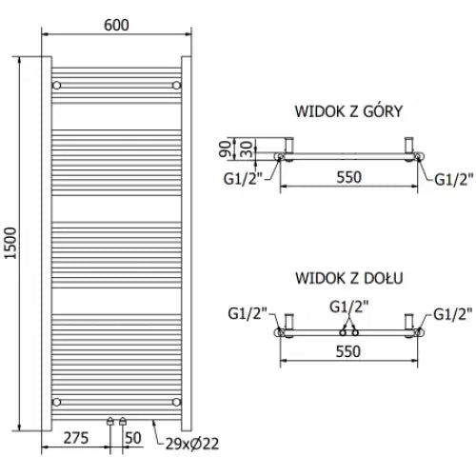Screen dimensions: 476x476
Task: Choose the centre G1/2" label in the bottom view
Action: click(x=347, y=306)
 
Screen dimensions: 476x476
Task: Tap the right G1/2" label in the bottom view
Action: click(x=450, y=313)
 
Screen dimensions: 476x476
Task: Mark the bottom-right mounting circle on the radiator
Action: click(x=177, y=401)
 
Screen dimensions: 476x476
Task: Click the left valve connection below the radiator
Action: click(x=112, y=420)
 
